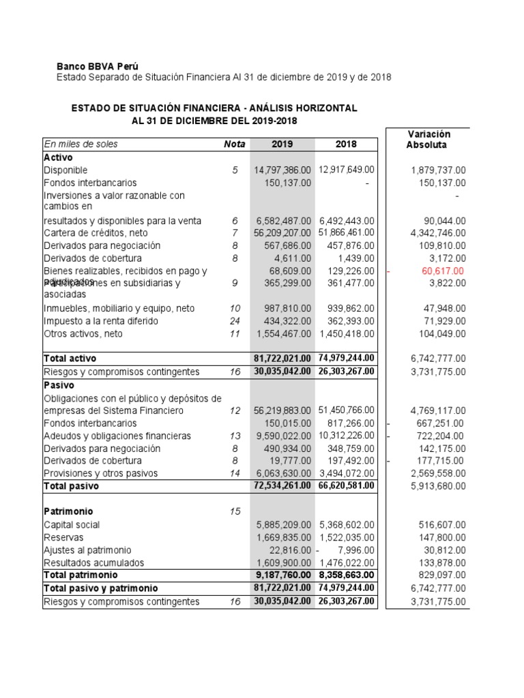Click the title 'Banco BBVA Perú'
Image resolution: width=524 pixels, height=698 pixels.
coord(97,66)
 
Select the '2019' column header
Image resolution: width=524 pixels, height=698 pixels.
coord(282,144)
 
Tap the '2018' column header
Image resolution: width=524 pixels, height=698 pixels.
coord(346,144)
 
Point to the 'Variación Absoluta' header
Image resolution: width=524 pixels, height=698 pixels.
coord(428,139)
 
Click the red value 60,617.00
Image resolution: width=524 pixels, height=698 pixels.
coord(443,271)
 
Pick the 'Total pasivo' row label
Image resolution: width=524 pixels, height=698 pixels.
coord(71,486)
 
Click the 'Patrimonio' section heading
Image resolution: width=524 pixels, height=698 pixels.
coord(68,511)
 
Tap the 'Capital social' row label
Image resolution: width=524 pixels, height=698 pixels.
coord(72,525)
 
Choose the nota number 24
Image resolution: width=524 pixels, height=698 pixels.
coord(235,321)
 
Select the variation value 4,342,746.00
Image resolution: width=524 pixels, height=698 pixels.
coord(439,233)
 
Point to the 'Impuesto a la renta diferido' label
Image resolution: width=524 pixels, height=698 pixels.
coord(100,321)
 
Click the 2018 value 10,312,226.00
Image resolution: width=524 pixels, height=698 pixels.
coord(347,436)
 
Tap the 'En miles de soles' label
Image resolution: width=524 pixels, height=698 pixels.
coord(81,144)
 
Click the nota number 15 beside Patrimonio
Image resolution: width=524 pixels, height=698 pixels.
coord(235,511)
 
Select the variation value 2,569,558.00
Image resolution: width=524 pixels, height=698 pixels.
coord(439,473)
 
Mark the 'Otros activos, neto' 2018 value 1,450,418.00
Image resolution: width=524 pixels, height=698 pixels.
coord(347,334)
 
